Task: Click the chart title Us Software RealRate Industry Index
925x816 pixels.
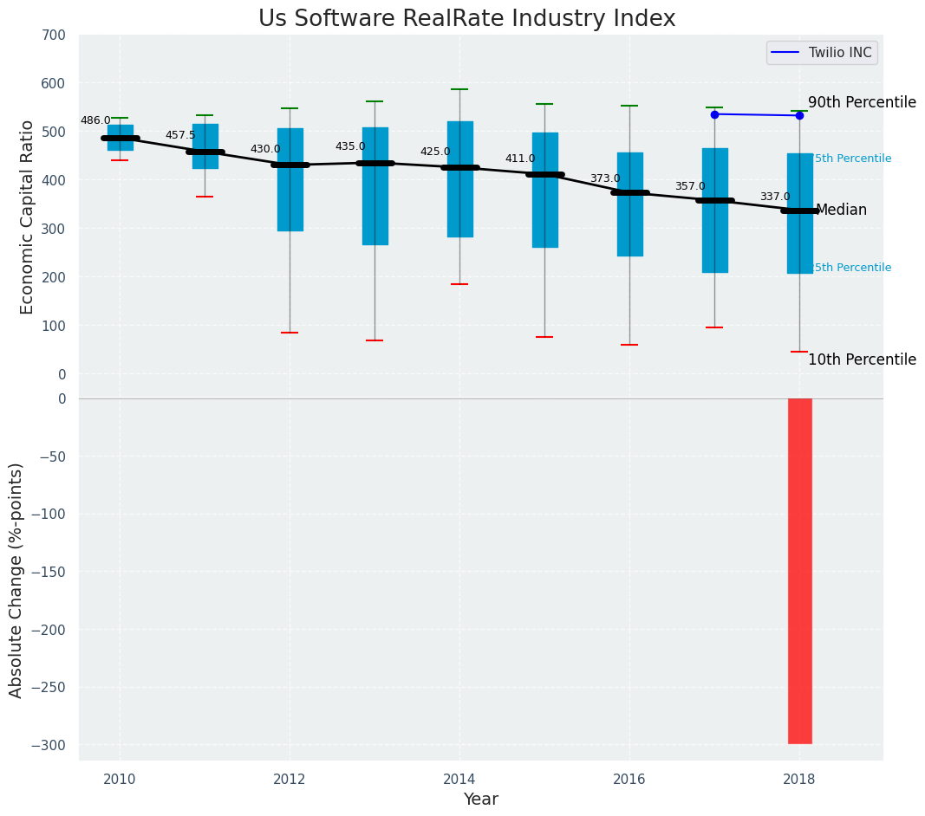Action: (466, 19)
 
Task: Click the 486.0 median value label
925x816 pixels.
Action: (95, 121)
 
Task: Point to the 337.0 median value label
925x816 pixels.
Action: (775, 198)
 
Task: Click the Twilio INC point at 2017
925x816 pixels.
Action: (714, 114)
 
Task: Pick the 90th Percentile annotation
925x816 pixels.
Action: (862, 102)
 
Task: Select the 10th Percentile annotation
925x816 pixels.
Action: (862, 359)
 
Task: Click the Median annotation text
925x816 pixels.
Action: (841, 210)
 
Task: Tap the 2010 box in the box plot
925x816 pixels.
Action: (120, 137)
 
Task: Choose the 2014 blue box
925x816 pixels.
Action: (459, 178)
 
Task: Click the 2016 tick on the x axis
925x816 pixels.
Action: (629, 780)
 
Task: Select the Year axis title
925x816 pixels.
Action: (480, 800)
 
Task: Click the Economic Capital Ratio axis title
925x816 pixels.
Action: (28, 217)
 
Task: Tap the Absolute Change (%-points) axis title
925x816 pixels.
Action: (16, 580)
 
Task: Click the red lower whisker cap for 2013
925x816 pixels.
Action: (375, 340)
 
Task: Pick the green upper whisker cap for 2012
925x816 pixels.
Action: (290, 108)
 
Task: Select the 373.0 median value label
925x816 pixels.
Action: (605, 179)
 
